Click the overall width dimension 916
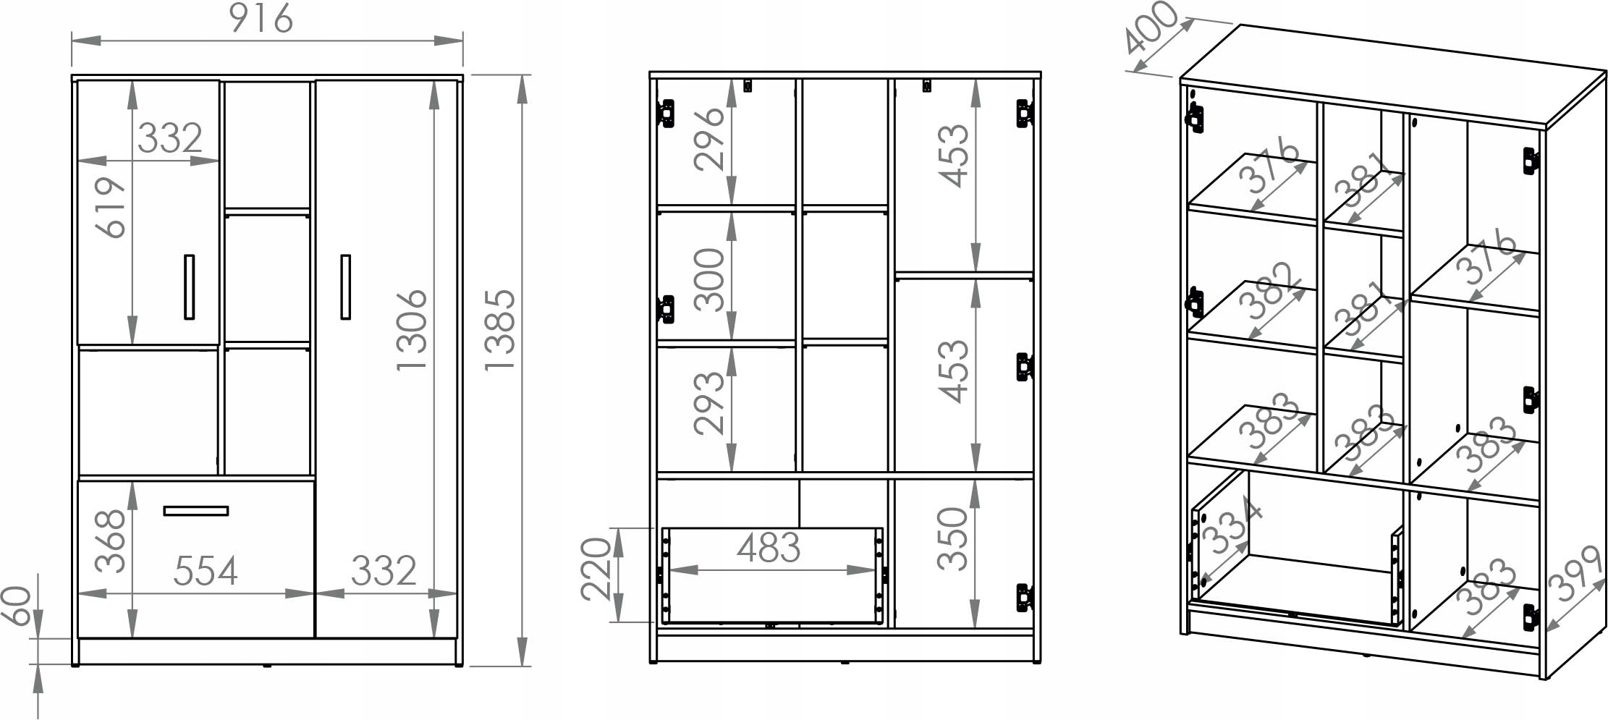pos(261,19)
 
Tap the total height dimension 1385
pos(500,331)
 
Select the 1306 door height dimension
pos(412,330)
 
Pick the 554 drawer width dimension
pos(206,571)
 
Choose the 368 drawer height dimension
pos(111,542)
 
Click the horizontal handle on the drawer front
pos(196,511)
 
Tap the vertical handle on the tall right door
pos(346,287)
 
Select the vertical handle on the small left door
pos(190,287)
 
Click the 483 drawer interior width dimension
pos(769,548)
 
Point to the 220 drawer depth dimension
pos(597,569)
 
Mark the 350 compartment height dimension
pos(952,538)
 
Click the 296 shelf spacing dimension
pos(709,138)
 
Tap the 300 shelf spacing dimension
pos(709,279)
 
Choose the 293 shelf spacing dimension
pos(709,403)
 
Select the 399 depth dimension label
pos(1578,574)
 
